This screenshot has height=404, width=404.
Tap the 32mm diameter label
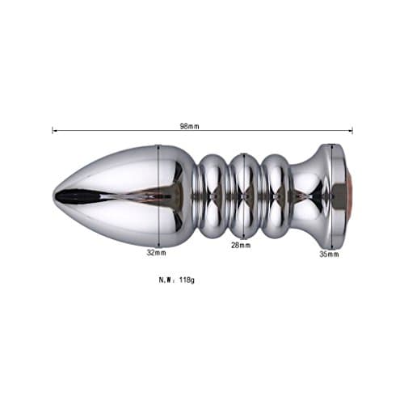pyautogui.click(x=157, y=252)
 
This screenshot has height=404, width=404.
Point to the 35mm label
pyautogui.click(x=329, y=254)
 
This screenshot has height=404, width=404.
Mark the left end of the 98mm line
pyautogui.click(x=53, y=130)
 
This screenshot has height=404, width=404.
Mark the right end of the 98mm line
pyautogui.click(x=351, y=130)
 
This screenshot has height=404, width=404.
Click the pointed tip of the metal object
pyautogui.click(x=56, y=196)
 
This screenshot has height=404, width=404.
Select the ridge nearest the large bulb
pyautogui.click(x=212, y=196)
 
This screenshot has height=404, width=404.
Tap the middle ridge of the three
pyautogui.click(x=242, y=196)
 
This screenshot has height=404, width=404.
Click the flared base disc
pyautogui.click(x=330, y=196)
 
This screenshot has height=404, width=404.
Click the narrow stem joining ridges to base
pyautogui.click(x=303, y=196)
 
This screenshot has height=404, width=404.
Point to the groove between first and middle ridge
pyautogui.click(x=227, y=196)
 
